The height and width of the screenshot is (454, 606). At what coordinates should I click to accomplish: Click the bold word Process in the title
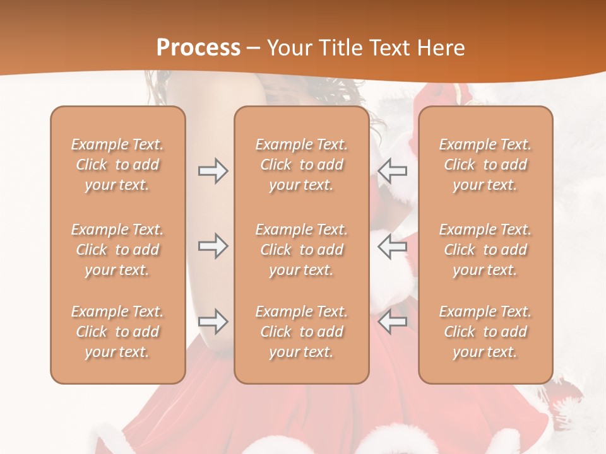pyautogui.click(x=198, y=48)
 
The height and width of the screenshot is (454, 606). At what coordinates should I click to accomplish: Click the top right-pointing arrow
pyautogui.click(x=213, y=171)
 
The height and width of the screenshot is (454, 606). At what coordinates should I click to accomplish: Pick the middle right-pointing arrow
pyautogui.click(x=213, y=246)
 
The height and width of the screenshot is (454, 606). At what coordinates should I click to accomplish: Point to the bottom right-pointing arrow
pyautogui.click(x=213, y=322)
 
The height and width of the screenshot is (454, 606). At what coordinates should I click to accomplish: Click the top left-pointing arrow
pyautogui.click(x=392, y=171)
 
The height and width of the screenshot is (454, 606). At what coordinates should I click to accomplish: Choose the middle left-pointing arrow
pyautogui.click(x=392, y=246)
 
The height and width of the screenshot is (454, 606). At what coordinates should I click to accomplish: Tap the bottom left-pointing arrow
pyautogui.click(x=392, y=322)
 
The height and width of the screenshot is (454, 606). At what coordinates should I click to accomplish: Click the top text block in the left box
pyautogui.click(x=117, y=165)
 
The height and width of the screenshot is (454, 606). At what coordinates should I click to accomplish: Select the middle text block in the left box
pyautogui.click(x=117, y=250)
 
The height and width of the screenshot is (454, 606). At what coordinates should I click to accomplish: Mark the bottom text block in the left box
pyautogui.click(x=117, y=332)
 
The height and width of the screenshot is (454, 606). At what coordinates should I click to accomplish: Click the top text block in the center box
pyautogui.click(x=301, y=165)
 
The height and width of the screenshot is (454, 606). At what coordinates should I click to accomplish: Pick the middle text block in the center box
pyautogui.click(x=301, y=250)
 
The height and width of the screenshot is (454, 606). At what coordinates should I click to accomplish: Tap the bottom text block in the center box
pyautogui.click(x=301, y=332)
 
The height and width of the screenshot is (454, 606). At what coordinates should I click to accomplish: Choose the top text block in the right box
pyautogui.click(x=485, y=165)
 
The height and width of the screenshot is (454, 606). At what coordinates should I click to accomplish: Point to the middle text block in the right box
pyautogui.click(x=485, y=250)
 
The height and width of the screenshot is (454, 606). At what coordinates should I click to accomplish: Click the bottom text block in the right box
pyautogui.click(x=485, y=332)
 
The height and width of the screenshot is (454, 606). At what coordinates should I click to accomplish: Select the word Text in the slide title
pyautogui.click(x=390, y=48)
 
